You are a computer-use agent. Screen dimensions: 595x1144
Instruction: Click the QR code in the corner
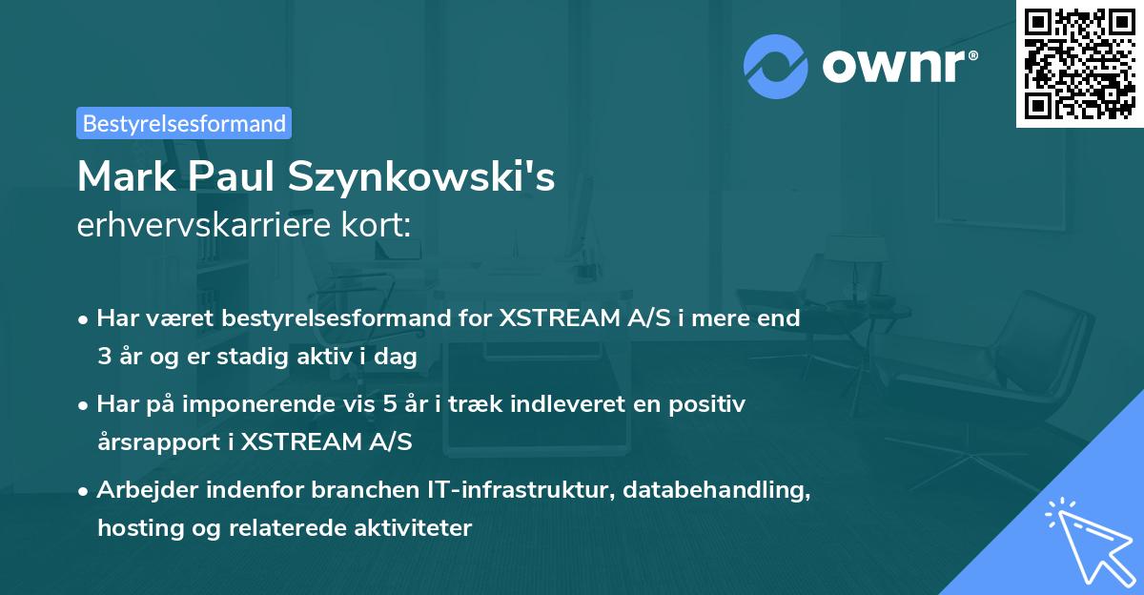1079,64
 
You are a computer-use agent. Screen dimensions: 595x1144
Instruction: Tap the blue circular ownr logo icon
776,66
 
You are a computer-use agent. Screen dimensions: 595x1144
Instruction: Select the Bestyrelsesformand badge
184,123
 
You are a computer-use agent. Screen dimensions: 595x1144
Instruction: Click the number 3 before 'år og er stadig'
104,357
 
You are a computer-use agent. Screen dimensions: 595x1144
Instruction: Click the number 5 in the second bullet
389,404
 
